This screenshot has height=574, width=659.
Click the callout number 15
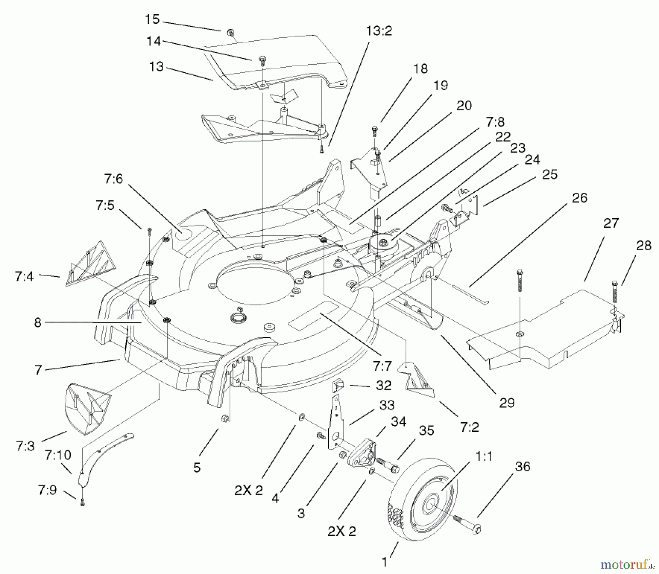(x=152, y=19)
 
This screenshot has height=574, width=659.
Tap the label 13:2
(x=379, y=31)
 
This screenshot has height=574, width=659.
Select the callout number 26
(x=579, y=198)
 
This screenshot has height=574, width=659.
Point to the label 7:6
(x=113, y=179)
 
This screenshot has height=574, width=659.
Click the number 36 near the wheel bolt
(x=522, y=467)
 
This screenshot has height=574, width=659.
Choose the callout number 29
(x=507, y=403)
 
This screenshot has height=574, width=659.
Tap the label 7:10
(x=58, y=455)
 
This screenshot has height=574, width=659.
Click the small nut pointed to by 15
(x=230, y=33)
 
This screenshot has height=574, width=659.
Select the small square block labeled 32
(x=338, y=386)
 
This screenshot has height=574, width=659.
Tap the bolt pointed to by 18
(x=374, y=130)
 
